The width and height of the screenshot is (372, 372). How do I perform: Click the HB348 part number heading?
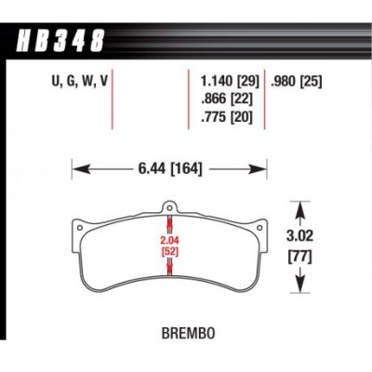[x=60, y=40]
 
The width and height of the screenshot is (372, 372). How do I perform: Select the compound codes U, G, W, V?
[x=79, y=81]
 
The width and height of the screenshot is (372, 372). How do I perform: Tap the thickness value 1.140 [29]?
[x=230, y=81]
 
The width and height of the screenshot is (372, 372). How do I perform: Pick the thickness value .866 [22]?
[x=227, y=100]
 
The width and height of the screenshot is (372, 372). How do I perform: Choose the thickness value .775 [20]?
[x=227, y=117]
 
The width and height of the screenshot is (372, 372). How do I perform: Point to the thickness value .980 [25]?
[x=297, y=81]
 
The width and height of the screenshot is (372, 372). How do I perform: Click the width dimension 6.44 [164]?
[x=170, y=169]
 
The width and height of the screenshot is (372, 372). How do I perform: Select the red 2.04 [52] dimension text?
[x=169, y=246]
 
